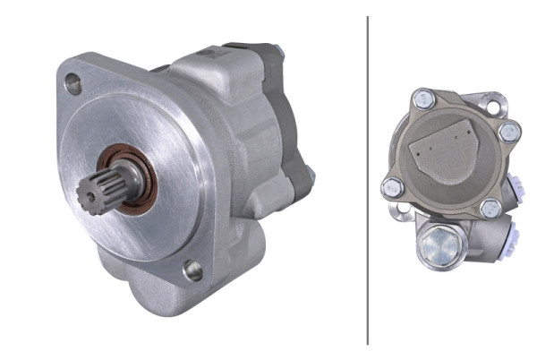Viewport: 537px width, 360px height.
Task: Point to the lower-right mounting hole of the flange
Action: coord(192,270)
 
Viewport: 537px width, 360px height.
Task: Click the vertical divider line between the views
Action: coord(368,179)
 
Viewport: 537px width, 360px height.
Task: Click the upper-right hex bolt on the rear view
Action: coord(509,133)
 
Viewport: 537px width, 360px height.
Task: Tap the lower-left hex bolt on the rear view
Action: coord(392,188)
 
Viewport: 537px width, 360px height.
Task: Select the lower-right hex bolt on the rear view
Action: coord(490,209)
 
